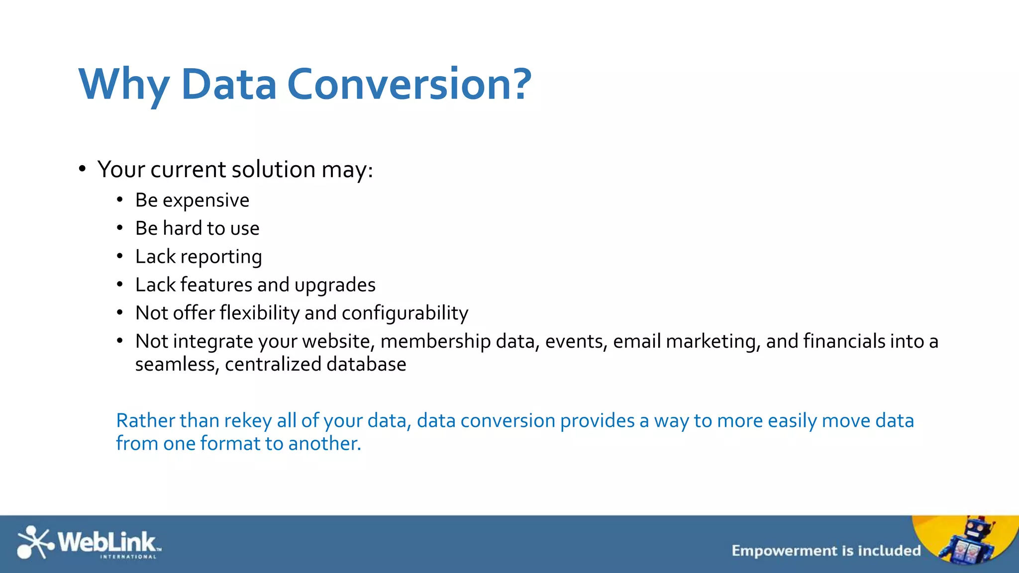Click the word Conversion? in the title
click(x=409, y=85)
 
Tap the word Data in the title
click(x=228, y=85)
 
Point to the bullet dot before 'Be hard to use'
click(x=120, y=228)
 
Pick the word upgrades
click(x=334, y=286)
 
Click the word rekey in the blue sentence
click(x=247, y=421)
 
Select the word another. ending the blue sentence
click(x=324, y=444)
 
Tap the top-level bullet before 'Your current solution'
click(x=83, y=169)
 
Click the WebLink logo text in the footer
click(x=107, y=542)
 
